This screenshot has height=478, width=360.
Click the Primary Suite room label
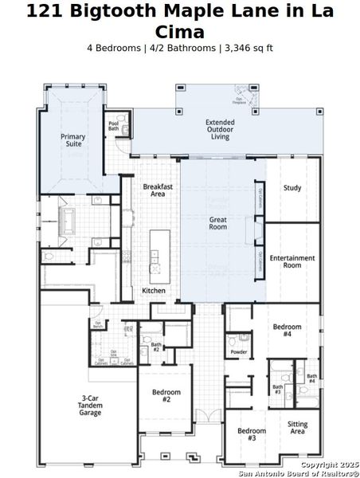(73, 141)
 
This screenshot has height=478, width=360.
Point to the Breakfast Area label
(158, 190)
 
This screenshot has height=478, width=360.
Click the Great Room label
(218, 222)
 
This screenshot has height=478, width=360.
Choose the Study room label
(292, 188)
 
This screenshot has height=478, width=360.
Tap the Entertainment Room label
(292, 261)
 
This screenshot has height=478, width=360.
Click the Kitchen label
(154, 291)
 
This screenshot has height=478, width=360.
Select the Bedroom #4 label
(287, 331)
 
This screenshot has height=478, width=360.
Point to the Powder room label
(238, 351)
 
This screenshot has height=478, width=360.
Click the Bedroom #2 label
(166, 396)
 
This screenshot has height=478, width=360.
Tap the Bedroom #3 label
(252, 435)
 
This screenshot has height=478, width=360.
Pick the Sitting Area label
(298, 429)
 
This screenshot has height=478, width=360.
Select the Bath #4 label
(311, 378)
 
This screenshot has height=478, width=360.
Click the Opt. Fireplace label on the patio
(239, 101)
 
